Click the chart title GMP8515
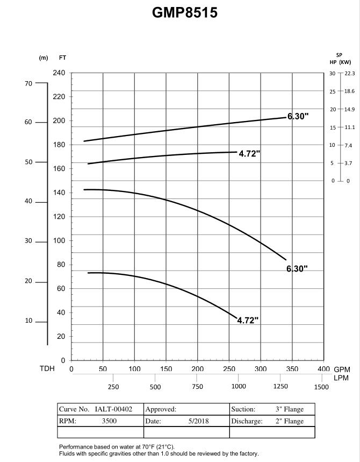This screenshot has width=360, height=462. point(185,12)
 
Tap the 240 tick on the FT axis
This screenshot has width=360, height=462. point(59,73)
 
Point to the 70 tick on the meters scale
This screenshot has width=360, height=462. point(28,83)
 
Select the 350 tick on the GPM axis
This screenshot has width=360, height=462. point(292,369)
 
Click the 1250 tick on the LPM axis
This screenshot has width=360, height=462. point(280,387)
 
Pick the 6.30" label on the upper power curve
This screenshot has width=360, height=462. point(298,116)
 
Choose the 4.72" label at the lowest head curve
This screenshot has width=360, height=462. point(248,321)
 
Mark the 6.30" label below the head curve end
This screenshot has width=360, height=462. point(297,269)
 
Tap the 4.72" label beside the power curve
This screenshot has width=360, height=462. point(249,154)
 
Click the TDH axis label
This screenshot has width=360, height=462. point(47,369)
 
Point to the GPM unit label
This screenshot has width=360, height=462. point(342,370)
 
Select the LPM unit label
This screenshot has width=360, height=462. point(341,378)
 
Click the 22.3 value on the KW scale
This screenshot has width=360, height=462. point(349,73)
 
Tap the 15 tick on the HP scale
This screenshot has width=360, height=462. point(333,127)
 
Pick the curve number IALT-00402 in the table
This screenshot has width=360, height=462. point(113,409)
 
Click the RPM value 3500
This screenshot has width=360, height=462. point(109,421)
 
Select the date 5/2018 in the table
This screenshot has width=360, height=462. point(198,421)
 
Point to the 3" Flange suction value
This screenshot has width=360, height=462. point(290,409)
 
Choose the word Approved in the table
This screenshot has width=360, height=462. point(161,409)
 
